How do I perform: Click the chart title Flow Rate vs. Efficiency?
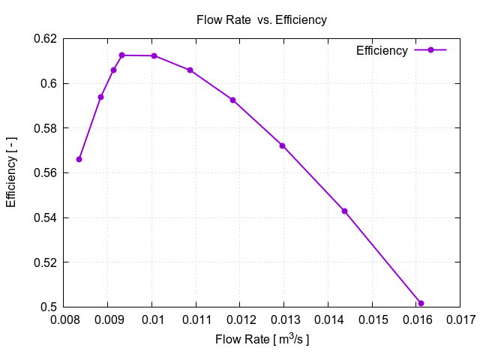pos(261,20)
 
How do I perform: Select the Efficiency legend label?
pos(382,51)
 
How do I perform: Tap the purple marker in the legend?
pos(430,50)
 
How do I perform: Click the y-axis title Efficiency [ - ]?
pos(11,173)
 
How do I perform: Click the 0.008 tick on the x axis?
pos(64,322)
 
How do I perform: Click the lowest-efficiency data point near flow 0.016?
pos(421,304)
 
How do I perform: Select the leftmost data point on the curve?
pos(79,159)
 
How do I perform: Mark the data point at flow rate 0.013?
pos(283,145)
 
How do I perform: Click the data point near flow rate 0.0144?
pos(344,211)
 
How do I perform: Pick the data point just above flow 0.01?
pos(154,55)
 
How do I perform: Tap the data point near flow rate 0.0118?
pos(232,100)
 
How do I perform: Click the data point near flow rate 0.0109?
pos(190,70)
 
